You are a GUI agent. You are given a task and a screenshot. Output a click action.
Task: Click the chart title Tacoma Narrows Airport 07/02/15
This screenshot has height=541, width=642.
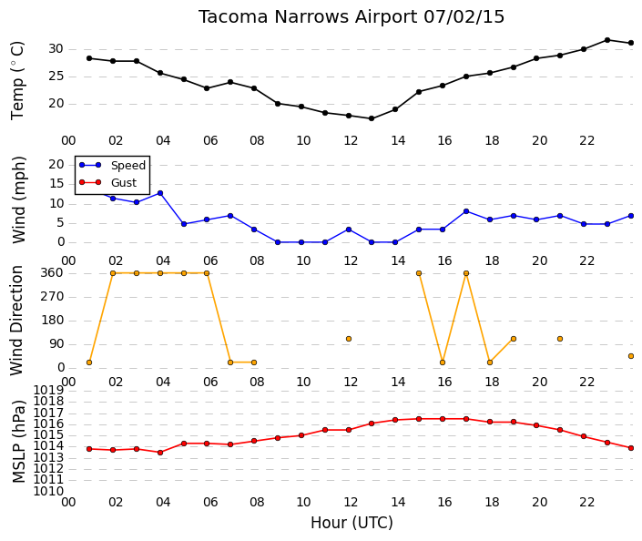(x=352, y=17)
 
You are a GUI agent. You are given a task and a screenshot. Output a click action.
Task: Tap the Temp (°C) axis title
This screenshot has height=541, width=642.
(x=17, y=81)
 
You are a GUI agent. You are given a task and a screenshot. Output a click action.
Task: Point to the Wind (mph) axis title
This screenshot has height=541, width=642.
(x=19, y=199)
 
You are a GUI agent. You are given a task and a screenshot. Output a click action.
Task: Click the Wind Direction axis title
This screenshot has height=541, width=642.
(x=16, y=321)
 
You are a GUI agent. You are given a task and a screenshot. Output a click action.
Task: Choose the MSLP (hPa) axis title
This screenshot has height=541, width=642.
(x=19, y=441)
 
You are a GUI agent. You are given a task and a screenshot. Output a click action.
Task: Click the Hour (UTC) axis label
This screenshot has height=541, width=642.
(x=352, y=523)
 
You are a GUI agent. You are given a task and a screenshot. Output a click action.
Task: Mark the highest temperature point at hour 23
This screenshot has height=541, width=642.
(x=607, y=40)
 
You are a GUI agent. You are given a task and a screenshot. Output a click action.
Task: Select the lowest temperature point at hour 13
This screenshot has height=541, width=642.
(x=372, y=118)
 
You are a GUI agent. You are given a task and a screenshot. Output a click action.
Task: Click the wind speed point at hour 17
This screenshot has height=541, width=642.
(x=466, y=211)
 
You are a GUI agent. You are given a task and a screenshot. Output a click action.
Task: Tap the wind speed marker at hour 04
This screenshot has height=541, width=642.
(x=160, y=193)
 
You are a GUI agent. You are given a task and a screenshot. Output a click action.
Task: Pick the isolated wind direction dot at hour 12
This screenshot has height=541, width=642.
(x=349, y=339)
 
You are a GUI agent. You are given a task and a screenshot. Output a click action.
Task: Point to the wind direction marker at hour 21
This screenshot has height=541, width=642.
(x=560, y=339)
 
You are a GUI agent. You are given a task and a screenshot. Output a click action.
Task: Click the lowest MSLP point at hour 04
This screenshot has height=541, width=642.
(x=160, y=453)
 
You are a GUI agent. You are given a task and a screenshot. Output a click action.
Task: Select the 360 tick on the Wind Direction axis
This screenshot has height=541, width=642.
(x=53, y=272)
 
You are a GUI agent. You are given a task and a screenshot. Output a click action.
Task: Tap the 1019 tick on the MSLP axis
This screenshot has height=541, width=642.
(x=48, y=390)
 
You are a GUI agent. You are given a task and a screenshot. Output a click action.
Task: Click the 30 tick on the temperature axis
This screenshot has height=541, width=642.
(x=56, y=49)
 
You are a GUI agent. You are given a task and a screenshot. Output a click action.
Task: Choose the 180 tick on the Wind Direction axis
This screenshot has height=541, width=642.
(x=53, y=320)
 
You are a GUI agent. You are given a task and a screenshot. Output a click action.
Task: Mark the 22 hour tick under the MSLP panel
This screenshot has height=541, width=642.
(x=586, y=502)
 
